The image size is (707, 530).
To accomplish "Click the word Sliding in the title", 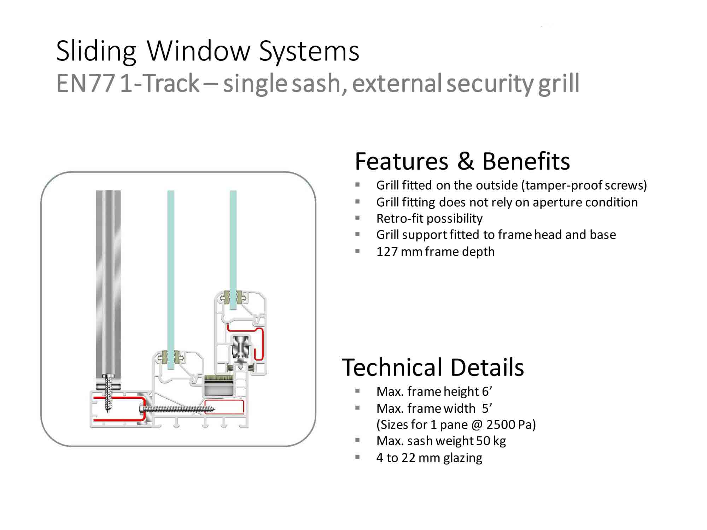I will click(x=96, y=51).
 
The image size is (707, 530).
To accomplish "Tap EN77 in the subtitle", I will click(x=85, y=83).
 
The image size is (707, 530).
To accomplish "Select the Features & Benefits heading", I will click(x=462, y=161).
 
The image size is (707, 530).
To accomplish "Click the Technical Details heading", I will click(x=432, y=367).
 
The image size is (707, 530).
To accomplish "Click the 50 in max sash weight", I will click(x=483, y=441).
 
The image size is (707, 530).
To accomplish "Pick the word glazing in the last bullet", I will click(x=462, y=458).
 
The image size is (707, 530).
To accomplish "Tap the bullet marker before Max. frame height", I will click(x=357, y=391).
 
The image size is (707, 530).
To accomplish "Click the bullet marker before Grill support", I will click(x=357, y=234).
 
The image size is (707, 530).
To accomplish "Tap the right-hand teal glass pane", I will click(x=233, y=247).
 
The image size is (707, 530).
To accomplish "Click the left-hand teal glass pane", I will click(x=171, y=276).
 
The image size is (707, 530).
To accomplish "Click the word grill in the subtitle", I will click(x=559, y=83).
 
